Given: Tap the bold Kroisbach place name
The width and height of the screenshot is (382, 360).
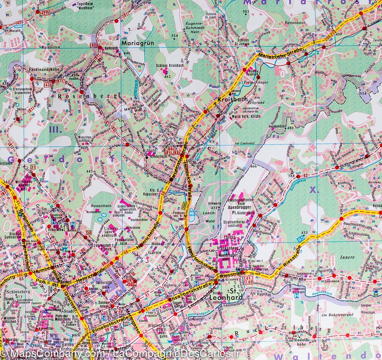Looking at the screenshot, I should click(x=230, y=100).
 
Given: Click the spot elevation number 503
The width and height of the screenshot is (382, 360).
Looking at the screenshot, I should click(x=245, y=12).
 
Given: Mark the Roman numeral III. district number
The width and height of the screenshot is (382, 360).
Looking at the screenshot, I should click(x=55, y=129).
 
